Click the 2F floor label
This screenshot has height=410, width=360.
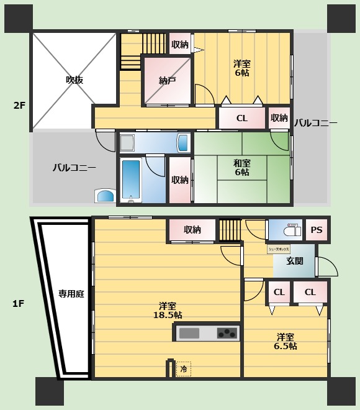19,106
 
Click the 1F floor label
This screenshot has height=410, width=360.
19,304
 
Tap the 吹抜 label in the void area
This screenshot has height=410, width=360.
74,80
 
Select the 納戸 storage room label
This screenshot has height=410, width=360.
167,80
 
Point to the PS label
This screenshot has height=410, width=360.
317,230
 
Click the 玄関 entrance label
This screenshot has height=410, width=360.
295,261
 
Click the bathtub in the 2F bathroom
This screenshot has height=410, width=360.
131,180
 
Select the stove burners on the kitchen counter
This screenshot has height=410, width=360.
227,333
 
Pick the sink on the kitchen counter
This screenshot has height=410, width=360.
189,333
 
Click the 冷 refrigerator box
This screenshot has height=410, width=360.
184,369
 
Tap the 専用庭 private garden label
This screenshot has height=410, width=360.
71,294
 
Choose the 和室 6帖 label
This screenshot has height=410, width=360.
241,168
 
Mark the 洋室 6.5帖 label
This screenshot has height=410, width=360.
286,341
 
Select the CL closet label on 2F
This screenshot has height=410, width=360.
242,118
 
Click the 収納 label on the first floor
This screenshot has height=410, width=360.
192,230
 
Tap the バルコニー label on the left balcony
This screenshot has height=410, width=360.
74,168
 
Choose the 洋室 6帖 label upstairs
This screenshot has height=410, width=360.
242,68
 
